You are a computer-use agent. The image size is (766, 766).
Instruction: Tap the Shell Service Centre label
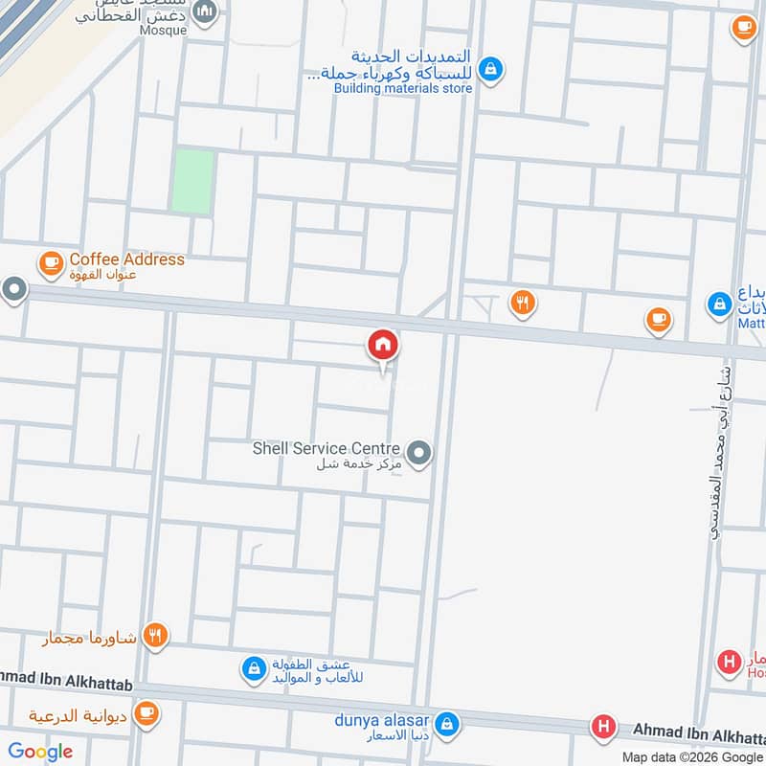click(x=326, y=448)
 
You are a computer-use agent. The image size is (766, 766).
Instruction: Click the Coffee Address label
click(x=126, y=259)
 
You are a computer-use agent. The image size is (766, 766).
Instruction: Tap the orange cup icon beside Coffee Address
click(x=50, y=260)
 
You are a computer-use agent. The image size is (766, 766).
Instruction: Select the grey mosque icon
click(x=204, y=11)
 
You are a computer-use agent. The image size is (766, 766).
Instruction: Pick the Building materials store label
click(x=403, y=89)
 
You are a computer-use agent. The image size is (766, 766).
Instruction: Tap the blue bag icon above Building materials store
click(x=490, y=68)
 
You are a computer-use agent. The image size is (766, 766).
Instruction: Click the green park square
click(x=192, y=180)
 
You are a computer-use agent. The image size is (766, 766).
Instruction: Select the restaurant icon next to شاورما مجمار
click(x=155, y=634)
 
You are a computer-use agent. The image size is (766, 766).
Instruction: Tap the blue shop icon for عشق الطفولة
click(x=253, y=667)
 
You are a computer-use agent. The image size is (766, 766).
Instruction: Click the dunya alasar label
click(x=382, y=720)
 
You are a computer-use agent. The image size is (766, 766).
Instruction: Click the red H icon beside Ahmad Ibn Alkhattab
click(x=603, y=727)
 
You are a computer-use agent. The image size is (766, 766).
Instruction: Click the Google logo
click(x=40, y=752)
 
